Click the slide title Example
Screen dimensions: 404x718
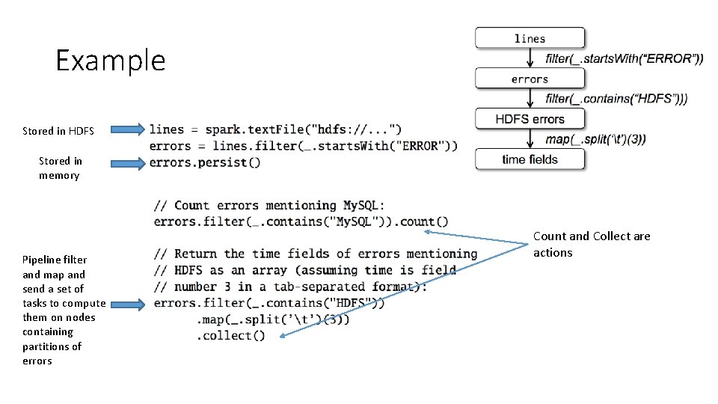pos(111,60)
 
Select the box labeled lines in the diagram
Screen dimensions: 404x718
pos(530,38)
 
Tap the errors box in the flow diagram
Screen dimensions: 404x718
pos(530,79)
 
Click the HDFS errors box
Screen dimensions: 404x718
pos(530,119)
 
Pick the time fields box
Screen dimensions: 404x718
pos(530,159)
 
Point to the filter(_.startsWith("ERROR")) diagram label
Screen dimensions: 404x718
pos(625,58)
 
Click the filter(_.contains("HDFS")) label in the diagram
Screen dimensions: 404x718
pos(616,99)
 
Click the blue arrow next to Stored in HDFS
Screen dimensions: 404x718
pos(126,129)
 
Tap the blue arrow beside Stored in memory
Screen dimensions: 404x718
pos(126,162)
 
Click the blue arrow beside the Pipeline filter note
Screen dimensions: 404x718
pos(126,304)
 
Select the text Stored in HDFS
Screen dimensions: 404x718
pos(58,131)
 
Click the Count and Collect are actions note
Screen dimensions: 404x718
pos(591,244)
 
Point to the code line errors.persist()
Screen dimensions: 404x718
pos(205,162)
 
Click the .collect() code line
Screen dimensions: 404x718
pos(231,336)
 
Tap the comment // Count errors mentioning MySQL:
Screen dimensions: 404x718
pos(269,206)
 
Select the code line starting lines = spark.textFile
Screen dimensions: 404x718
pos(276,129)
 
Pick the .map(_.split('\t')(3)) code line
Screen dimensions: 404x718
pos(273,319)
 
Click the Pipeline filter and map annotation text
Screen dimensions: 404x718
pos(63,310)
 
